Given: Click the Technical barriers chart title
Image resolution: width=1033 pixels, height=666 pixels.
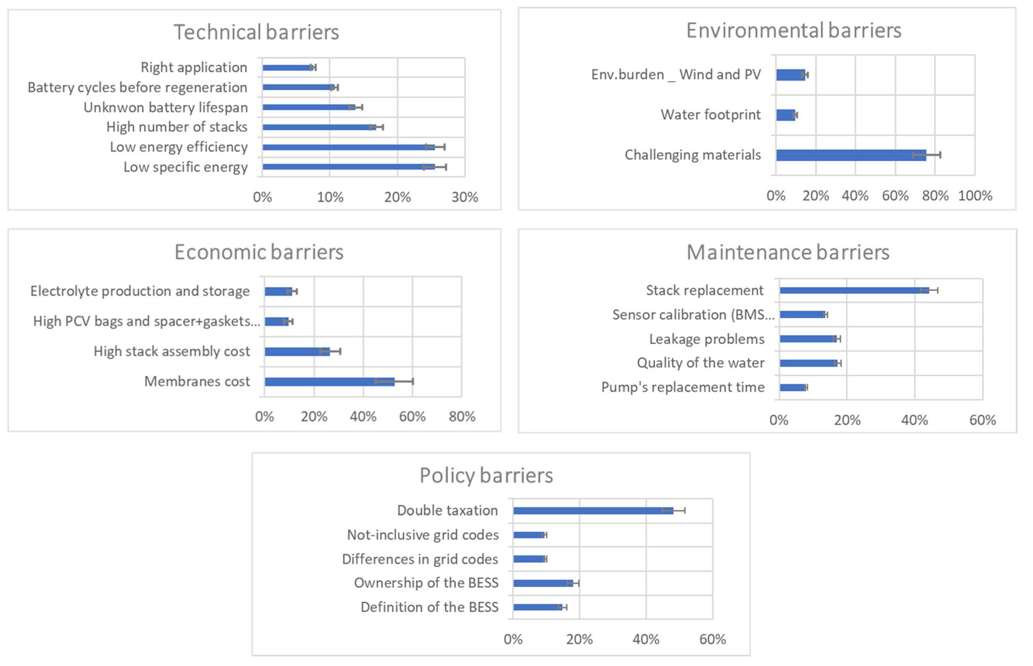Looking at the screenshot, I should pos(256,32).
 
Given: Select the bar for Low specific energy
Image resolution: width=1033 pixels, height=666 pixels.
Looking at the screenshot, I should pos(348,167).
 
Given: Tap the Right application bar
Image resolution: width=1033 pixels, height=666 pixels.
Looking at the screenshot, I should pos(287,67).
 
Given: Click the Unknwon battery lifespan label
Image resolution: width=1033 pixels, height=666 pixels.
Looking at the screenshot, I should pos(166,107).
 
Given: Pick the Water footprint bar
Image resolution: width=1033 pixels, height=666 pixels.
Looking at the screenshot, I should pos(785,115).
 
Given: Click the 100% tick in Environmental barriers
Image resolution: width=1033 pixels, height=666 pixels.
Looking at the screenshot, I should pos(975,196).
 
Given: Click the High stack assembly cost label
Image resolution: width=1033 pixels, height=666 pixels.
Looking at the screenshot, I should pos(172,351).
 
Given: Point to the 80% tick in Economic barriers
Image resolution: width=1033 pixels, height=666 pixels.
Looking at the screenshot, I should pos(461,417).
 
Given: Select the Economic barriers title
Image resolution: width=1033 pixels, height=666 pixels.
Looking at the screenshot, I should pos(259,252).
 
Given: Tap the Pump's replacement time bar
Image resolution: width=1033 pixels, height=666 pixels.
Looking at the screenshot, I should pos(792,387).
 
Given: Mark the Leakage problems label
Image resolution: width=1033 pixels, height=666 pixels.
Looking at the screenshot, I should pos(707,339).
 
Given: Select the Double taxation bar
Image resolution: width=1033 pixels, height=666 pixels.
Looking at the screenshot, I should pos(593,511).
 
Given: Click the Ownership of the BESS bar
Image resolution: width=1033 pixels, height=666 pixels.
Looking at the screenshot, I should pos(543,583).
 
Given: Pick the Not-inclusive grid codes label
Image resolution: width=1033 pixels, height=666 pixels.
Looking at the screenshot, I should pos(422,535).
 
